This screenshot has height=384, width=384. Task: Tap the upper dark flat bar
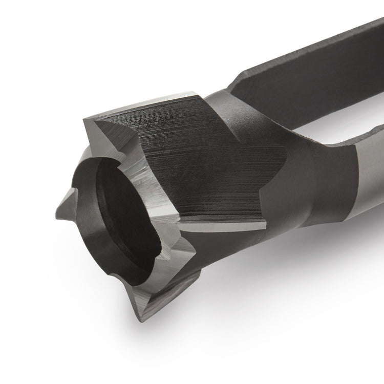[307, 67]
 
